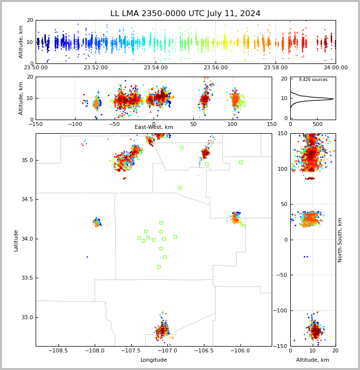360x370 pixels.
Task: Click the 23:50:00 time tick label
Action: pyautogui.click(x=36, y=68)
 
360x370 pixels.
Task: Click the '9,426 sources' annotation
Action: pyautogui.click(x=313, y=80)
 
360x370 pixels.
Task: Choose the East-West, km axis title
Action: pyautogui.click(x=154, y=127)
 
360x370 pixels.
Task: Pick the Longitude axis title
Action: pyautogui.click(x=154, y=360)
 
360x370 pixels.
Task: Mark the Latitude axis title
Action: pyautogui.click(x=16, y=240)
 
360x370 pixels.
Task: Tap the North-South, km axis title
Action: pyautogui.click(x=340, y=240)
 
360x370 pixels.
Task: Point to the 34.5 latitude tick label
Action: pyautogui.click(x=26, y=199)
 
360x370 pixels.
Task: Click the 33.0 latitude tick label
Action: pyautogui.click(x=26, y=317)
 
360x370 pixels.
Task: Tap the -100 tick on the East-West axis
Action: pyautogui.click(x=75, y=124)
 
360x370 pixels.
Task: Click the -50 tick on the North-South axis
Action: pyautogui.click(x=280, y=275)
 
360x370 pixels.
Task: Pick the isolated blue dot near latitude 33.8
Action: pyautogui.click(x=87, y=257)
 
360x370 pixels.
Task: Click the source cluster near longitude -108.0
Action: pyautogui.click(x=97, y=222)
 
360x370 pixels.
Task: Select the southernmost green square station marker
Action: pyautogui.click(x=159, y=267)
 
